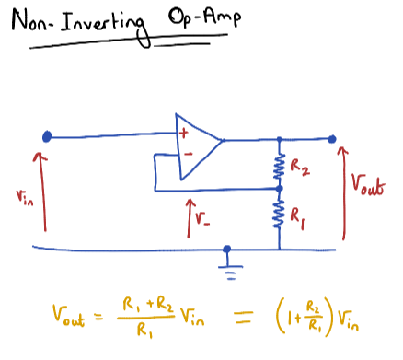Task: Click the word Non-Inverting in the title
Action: tap(77, 26)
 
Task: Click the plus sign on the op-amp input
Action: tap(184, 133)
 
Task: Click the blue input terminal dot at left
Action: tap(46, 138)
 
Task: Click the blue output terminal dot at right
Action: tap(332, 140)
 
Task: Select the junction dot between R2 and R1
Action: tap(281, 190)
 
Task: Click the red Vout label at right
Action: tap(367, 182)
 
